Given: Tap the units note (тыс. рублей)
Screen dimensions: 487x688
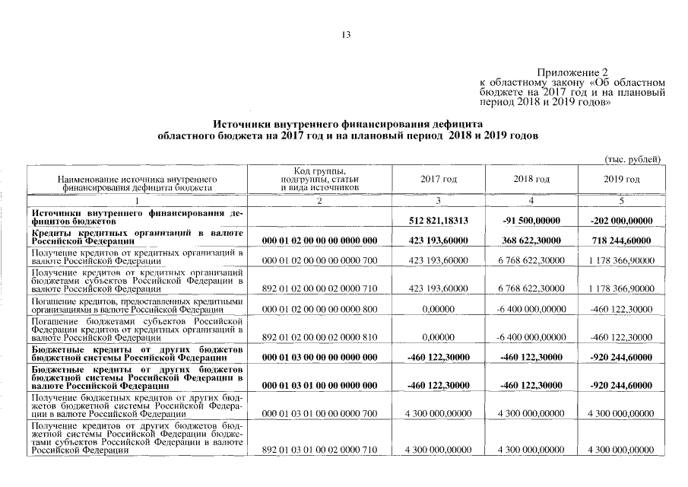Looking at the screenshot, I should click(x=633, y=159).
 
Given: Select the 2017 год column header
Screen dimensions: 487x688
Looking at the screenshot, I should click(x=438, y=179).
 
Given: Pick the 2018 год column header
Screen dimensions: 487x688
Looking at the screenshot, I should click(x=531, y=179).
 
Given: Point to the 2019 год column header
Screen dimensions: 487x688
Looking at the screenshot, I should click(x=621, y=179).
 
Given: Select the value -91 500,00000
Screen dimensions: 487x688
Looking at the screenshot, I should click(x=531, y=221).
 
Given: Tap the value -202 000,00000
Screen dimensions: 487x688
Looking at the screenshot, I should click(x=621, y=221).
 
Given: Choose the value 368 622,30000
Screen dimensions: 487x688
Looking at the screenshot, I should click(x=531, y=240).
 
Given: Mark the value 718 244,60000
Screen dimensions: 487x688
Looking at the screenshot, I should click(x=621, y=240).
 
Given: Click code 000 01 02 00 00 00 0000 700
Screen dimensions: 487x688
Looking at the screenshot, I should click(x=319, y=260).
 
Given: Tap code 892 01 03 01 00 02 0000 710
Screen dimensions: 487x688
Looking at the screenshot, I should click(x=319, y=450).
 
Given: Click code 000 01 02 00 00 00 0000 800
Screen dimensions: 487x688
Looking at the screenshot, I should click(x=319, y=310).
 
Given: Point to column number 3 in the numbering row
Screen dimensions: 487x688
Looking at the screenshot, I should click(x=438, y=201).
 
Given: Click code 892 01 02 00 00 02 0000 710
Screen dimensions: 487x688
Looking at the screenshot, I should click(x=319, y=288).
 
